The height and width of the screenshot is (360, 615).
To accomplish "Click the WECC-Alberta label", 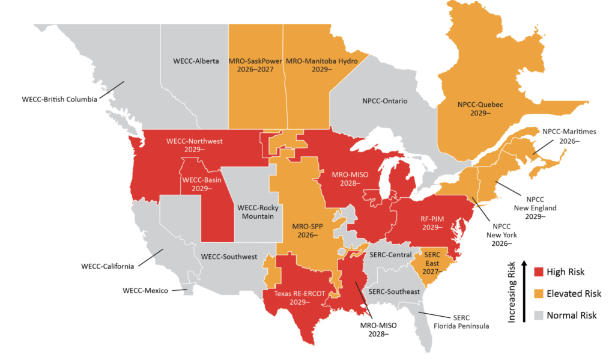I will click(x=196, y=61).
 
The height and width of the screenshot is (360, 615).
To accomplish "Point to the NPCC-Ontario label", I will click(x=385, y=101).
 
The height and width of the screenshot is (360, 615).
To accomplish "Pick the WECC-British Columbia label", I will click(x=59, y=99).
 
